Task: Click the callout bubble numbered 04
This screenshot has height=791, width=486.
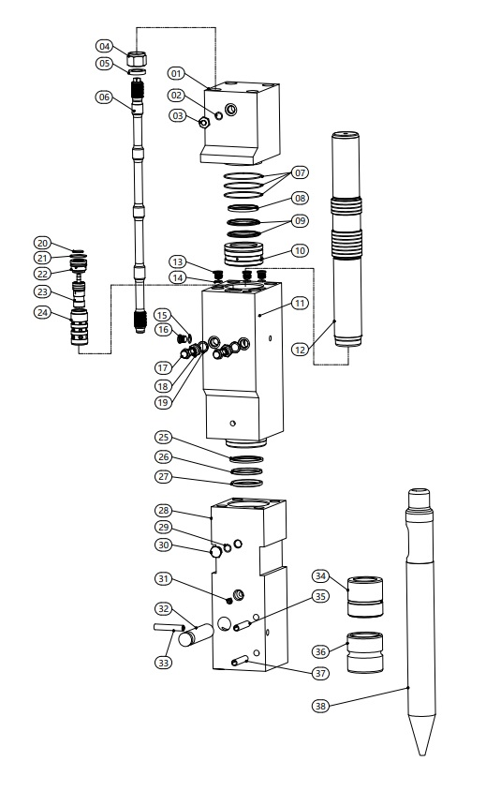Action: pyautogui.click(x=104, y=47)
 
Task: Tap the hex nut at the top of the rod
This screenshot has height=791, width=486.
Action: pyautogui.click(x=136, y=59)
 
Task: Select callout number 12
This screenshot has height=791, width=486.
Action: pyautogui.click(x=300, y=349)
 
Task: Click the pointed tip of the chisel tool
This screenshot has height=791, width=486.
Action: pyautogui.click(x=422, y=754)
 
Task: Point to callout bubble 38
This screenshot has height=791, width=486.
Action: pyautogui.click(x=320, y=706)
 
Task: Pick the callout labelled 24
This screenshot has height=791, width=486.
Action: pyautogui.click(x=43, y=312)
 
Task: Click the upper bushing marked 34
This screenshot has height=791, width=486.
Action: pyautogui.click(x=365, y=596)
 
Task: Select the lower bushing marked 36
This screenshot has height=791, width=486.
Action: pyautogui.click(x=365, y=652)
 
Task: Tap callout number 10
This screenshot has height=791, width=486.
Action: pyautogui.click(x=300, y=250)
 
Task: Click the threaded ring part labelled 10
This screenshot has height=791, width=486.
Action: pyautogui.click(x=243, y=254)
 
